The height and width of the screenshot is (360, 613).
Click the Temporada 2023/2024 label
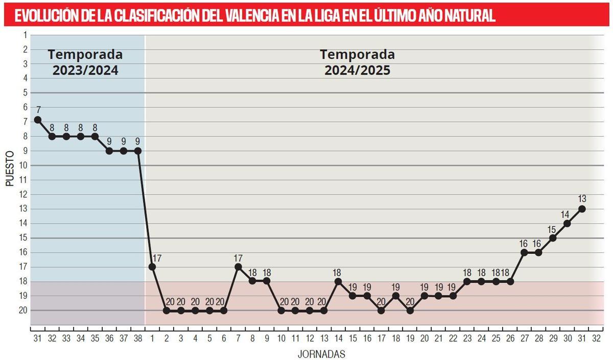(85, 62)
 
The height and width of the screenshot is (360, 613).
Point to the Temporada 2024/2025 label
(357, 62)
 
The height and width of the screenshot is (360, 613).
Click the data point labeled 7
(37, 120)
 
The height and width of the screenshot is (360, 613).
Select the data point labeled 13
(582, 209)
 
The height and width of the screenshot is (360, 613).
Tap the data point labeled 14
(567, 224)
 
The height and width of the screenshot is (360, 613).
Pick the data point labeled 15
(553, 238)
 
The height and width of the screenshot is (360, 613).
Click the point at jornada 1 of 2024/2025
(152, 267)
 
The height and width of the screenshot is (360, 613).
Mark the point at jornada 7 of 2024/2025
(238, 267)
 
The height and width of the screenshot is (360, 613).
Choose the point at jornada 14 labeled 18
(338, 281)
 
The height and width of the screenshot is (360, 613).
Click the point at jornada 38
(138, 151)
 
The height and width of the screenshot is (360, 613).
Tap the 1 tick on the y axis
(24, 35)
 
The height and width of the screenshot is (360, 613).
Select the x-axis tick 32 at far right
(596, 338)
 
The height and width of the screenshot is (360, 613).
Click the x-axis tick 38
(138, 338)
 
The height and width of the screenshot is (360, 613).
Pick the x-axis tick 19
(410, 338)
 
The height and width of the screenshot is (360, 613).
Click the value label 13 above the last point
(582, 199)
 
